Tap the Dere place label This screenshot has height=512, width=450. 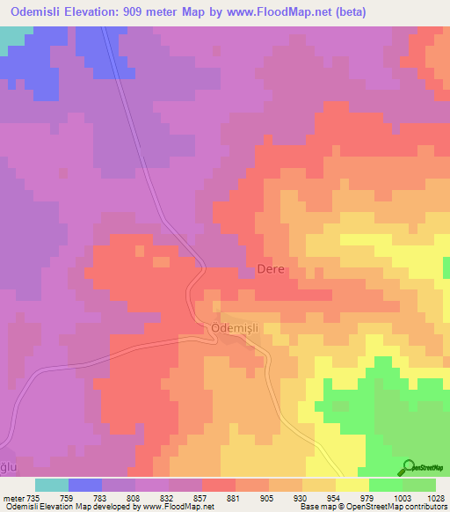(x=270, y=269)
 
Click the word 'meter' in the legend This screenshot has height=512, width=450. (x=14, y=497)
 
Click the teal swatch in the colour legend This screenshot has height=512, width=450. (x=52, y=485)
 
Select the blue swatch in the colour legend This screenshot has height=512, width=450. (x=85, y=485)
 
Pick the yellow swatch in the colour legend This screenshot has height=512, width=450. (x=352, y=485)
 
